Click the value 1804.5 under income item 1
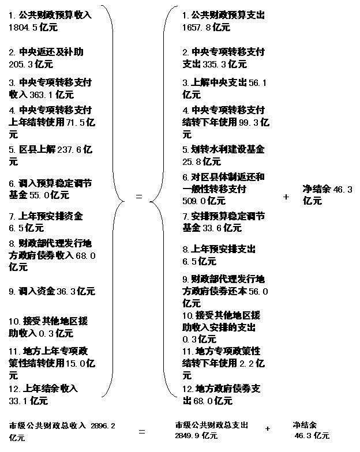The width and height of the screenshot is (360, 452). (x=23, y=28)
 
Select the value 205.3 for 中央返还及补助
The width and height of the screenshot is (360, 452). (x=21, y=64)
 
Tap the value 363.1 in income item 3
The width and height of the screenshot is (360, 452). (x=42, y=95)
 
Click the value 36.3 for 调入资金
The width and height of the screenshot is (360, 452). (x=66, y=292)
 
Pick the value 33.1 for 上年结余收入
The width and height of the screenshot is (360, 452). (x=18, y=401)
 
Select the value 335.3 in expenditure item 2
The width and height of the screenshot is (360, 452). (x=215, y=64)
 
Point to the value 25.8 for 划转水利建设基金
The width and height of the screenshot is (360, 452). (x=192, y=161)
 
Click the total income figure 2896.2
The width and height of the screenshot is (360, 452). (x=103, y=425)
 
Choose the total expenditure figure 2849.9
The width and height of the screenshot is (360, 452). (x=187, y=436)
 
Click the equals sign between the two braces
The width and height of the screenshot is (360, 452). (x=139, y=197)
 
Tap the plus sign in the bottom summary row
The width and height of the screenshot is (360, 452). (x=268, y=429)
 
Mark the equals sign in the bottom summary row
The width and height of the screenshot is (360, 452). (x=142, y=431)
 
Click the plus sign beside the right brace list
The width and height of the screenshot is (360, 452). (x=286, y=197)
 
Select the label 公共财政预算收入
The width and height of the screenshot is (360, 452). (x=55, y=15)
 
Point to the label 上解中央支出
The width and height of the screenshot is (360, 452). (x=219, y=83)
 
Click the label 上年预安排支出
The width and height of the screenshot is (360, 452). (x=223, y=249)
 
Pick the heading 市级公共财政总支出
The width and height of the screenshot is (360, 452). (x=211, y=425)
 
